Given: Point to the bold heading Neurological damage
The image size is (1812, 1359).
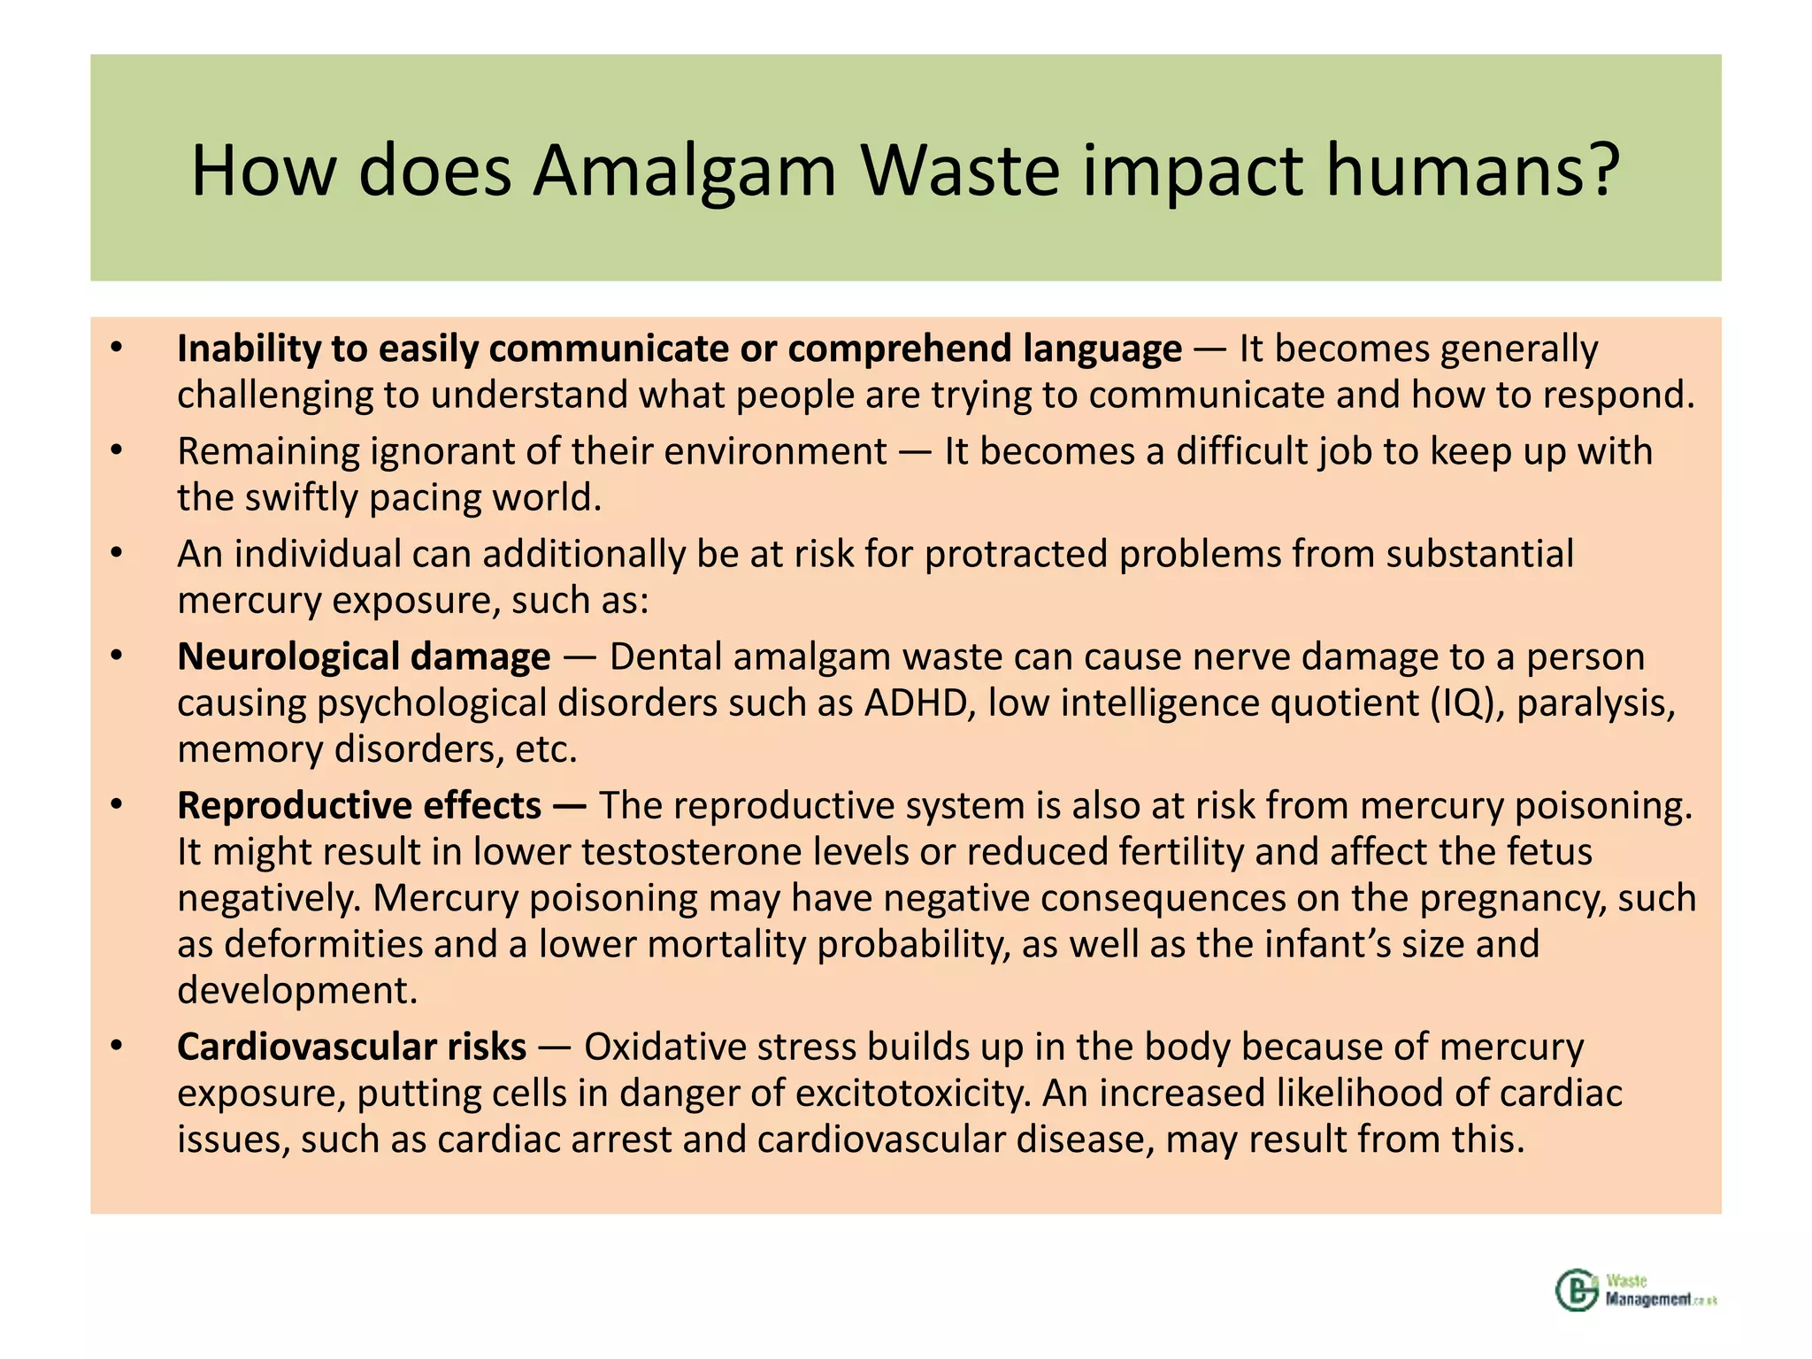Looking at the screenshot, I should click(364, 656).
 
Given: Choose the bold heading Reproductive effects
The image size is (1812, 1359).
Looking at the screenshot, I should click(359, 805).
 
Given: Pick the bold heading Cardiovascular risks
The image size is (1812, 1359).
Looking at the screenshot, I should click(351, 1047).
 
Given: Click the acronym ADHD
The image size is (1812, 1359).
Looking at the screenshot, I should click(919, 703).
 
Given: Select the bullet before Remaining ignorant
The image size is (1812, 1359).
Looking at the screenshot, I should click(116, 451).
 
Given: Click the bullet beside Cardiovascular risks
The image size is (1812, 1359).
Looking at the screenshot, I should click(116, 1047).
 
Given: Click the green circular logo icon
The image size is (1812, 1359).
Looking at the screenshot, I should click(1576, 1290).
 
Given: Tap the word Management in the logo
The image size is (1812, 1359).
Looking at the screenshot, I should click(1648, 1300).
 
